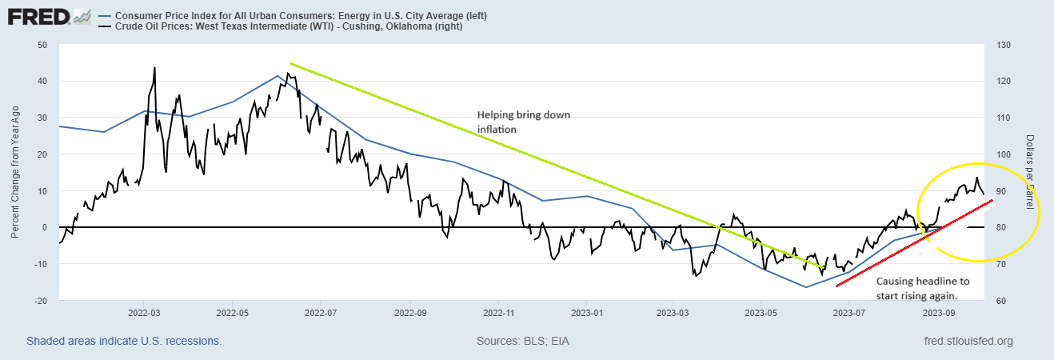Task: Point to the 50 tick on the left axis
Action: click(42, 45)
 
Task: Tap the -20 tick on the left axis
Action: click(39, 301)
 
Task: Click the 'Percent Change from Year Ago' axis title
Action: click(15, 173)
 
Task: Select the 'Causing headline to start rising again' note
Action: click(923, 288)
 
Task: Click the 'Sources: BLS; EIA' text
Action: click(522, 341)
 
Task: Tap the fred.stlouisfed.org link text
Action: click(968, 341)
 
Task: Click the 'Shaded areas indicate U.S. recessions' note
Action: click(124, 341)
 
